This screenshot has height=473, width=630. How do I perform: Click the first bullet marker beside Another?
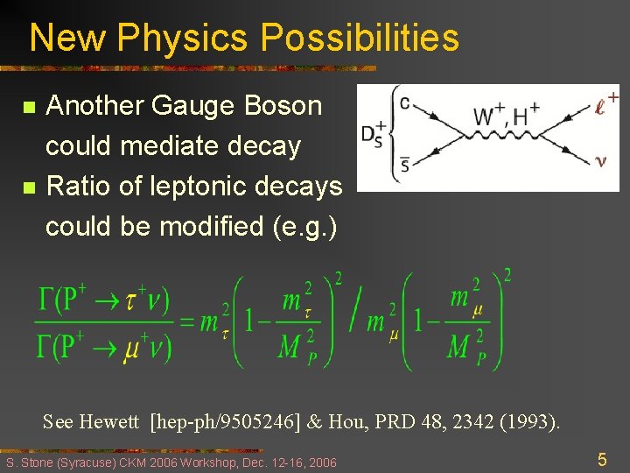click(28, 109)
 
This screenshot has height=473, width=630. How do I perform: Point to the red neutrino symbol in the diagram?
click(599, 160)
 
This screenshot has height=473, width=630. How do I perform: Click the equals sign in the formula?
click(186, 321)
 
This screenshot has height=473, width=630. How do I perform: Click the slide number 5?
click(602, 459)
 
